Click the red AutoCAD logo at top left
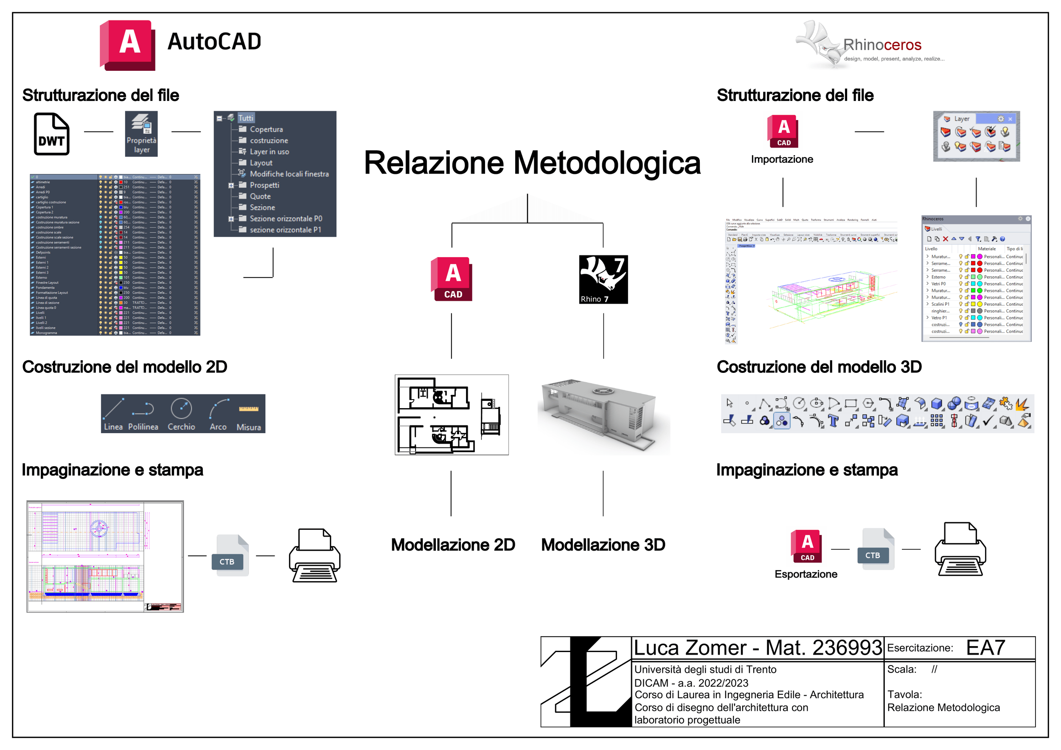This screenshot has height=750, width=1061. [x=128, y=45]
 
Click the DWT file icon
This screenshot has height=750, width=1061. [x=52, y=134]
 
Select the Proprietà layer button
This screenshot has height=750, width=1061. [x=141, y=134]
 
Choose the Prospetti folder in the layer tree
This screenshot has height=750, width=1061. [x=264, y=185]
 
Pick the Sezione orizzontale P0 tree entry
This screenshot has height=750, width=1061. [x=286, y=219]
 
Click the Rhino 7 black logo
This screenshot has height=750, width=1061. [x=603, y=280]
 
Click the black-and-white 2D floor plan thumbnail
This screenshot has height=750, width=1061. [x=451, y=415]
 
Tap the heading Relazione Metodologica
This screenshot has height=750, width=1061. [x=532, y=163]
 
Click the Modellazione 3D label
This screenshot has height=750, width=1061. [x=603, y=545]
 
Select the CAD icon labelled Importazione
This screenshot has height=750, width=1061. [x=783, y=131]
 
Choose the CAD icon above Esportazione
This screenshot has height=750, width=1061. [x=806, y=546]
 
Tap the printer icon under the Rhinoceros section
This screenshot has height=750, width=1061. [x=960, y=550]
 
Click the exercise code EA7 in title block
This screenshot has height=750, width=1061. [x=986, y=647]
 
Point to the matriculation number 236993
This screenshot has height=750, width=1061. [x=848, y=647]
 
